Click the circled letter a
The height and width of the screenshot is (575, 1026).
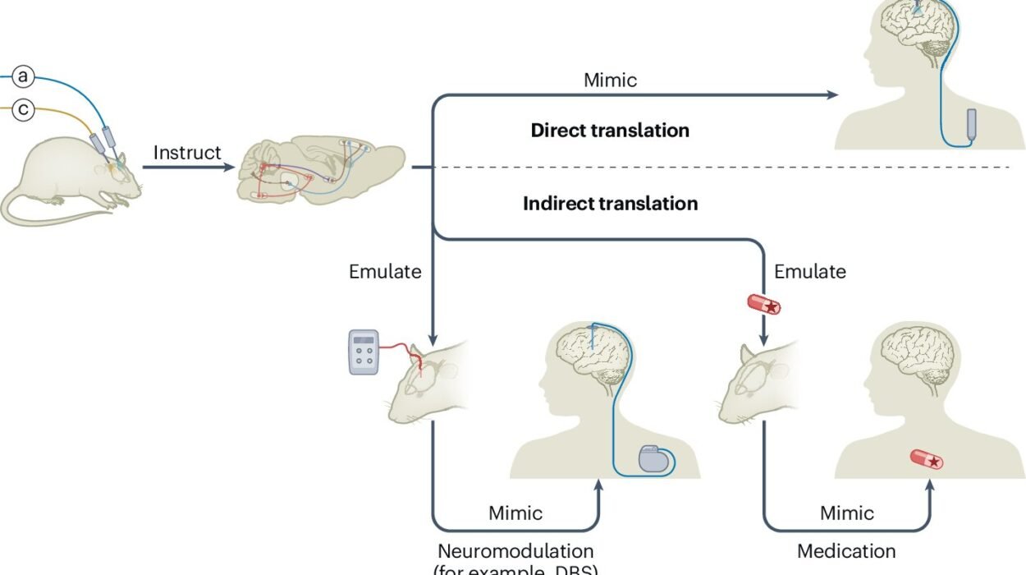click(24, 77)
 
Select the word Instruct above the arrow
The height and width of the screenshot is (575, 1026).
click(187, 153)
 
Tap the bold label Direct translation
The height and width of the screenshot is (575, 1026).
click(610, 131)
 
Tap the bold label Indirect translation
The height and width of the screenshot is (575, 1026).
click(610, 204)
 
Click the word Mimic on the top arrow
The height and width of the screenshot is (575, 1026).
click(610, 80)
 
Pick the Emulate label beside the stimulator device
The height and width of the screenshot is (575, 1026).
click(385, 271)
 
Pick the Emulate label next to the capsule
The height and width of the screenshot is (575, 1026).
click(809, 271)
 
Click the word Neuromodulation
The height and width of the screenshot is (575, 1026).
click(515, 551)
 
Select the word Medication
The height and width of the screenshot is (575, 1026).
click(846, 551)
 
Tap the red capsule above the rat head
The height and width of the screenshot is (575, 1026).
click(763, 305)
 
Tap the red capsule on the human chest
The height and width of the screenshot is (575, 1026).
click(926, 460)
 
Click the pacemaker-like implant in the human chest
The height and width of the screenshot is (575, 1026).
click(654, 458)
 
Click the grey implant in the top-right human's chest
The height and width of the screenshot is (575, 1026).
click(973, 124)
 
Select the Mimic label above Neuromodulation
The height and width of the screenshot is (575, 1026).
click(515, 513)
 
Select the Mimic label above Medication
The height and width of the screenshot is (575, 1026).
click(847, 513)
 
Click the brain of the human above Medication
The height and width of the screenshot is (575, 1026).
click(917, 353)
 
